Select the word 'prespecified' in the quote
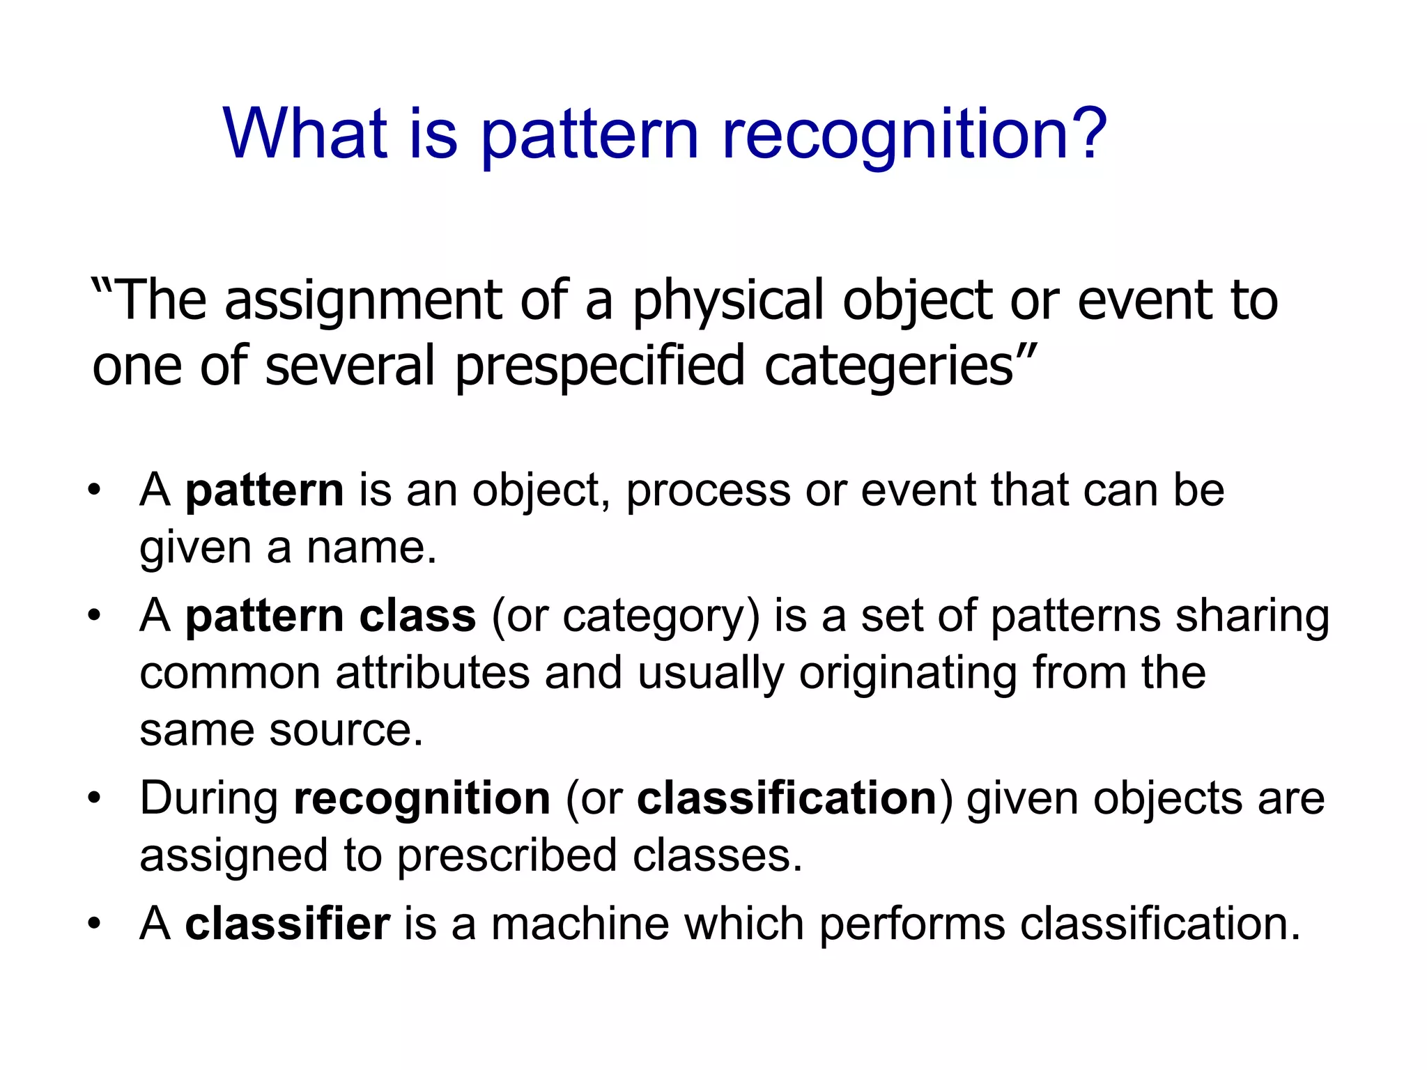600,366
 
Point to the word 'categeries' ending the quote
888,366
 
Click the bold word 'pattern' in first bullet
264,490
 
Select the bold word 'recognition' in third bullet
422,798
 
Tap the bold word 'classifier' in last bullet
287,924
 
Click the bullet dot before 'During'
95,798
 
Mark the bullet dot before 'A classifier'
95,924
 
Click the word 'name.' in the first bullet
371,548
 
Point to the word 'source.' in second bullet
346,730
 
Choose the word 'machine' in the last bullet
580,924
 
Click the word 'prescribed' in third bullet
507,855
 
